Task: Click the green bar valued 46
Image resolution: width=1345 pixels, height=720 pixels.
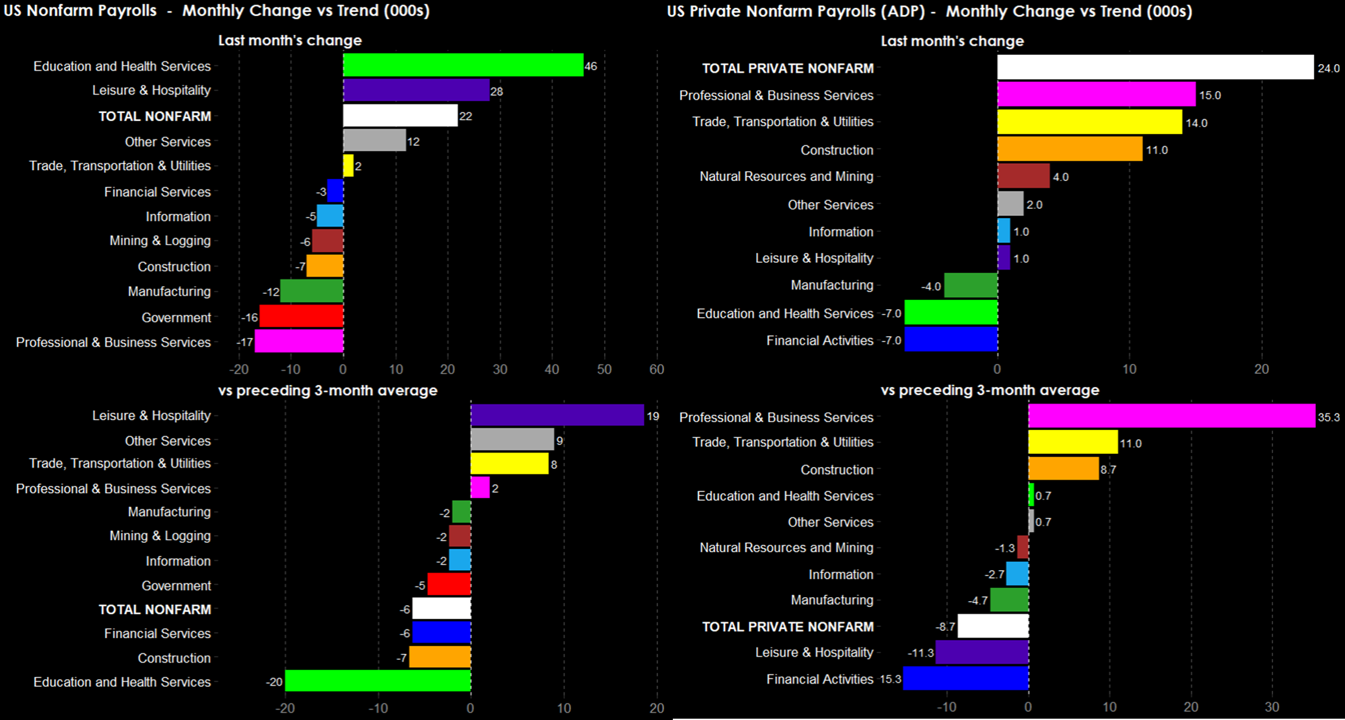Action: click(463, 65)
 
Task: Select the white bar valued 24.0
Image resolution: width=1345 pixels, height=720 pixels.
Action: click(1155, 67)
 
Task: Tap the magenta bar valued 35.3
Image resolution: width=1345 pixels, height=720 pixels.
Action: click(1171, 416)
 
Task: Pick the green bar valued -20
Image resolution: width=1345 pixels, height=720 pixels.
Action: click(378, 681)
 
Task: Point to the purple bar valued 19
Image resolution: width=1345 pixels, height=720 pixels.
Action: click(557, 415)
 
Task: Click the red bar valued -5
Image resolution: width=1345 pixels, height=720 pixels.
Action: click(449, 585)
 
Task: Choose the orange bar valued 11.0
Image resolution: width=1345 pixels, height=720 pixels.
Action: click(1070, 149)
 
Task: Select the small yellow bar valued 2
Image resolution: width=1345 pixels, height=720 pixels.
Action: click(348, 166)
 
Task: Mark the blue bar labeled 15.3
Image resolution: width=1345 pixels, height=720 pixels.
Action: click(965, 678)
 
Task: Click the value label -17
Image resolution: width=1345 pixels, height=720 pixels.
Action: click(245, 342)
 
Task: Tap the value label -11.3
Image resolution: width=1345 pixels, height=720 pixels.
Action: click(920, 653)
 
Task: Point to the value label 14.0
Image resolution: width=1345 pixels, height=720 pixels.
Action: click(1196, 123)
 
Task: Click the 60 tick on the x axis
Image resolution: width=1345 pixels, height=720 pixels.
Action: click(656, 369)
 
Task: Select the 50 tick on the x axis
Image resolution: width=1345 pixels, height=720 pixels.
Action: click(604, 369)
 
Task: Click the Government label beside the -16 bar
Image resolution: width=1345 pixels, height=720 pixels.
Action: click(176, 318)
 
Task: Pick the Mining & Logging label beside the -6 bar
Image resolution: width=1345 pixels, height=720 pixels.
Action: click(160, 241)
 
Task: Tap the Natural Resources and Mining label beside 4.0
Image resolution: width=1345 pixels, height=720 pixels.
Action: click(786, 176)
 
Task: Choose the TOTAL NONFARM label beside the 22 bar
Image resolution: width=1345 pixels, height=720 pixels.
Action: click(155, 116)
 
